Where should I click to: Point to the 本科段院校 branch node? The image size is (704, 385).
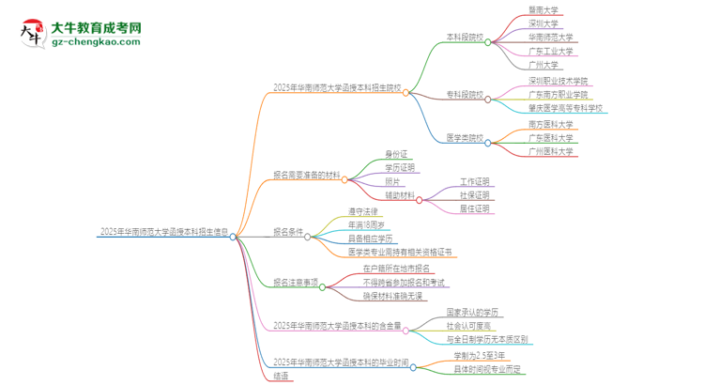coord(465,39)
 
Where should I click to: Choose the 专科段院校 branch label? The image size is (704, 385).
coord(465,95)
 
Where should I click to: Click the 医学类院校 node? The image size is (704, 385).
coord(465,137)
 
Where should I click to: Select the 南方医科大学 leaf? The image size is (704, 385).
coord(551,123)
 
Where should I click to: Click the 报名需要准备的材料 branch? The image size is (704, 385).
coord(307,175)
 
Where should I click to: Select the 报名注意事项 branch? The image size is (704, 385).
coord(295,282)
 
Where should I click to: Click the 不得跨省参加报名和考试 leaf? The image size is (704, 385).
coord(404,282)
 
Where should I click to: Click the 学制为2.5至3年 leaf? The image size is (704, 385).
coord(484,355)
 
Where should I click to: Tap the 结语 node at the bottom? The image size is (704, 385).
coord(281,375)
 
